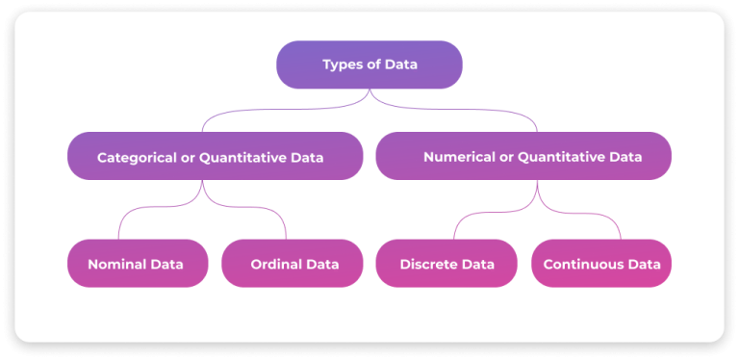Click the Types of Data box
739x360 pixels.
click(369, 64)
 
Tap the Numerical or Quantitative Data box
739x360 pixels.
click(523, 156)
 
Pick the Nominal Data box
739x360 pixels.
click(138, 264)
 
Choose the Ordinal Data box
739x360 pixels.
click(292, 264)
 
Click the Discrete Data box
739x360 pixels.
click(446, 264)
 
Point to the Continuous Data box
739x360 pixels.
click(600, 264)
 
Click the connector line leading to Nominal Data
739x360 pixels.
click(119, 227)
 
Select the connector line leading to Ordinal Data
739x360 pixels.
click(285, 227)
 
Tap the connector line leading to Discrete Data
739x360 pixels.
click(454, 227)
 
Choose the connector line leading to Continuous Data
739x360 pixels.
click(620, 227)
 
